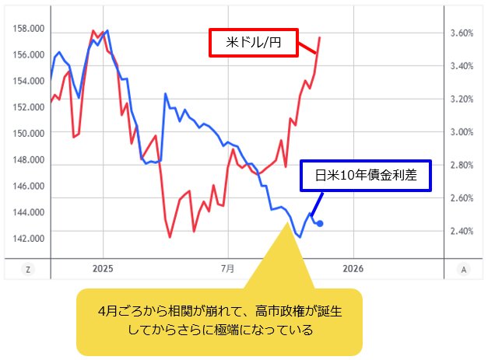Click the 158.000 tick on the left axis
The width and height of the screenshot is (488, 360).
[x=29, y=29]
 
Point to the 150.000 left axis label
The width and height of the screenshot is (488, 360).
[x=29, y=133]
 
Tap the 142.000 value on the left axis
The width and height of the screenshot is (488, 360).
[x=29, y=238]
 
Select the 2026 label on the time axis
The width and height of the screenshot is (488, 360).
[x=353, y=269]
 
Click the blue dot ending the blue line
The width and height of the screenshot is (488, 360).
[x=321, y=224]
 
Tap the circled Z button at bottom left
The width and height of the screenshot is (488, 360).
[x=28, y=270]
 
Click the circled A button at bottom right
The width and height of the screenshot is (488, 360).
[x=464, y=270]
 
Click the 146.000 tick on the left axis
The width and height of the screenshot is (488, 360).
[x=29, y=186]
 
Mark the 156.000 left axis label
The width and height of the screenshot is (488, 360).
[x=29, y=54]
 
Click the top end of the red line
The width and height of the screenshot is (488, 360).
[x=320, y=37]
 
